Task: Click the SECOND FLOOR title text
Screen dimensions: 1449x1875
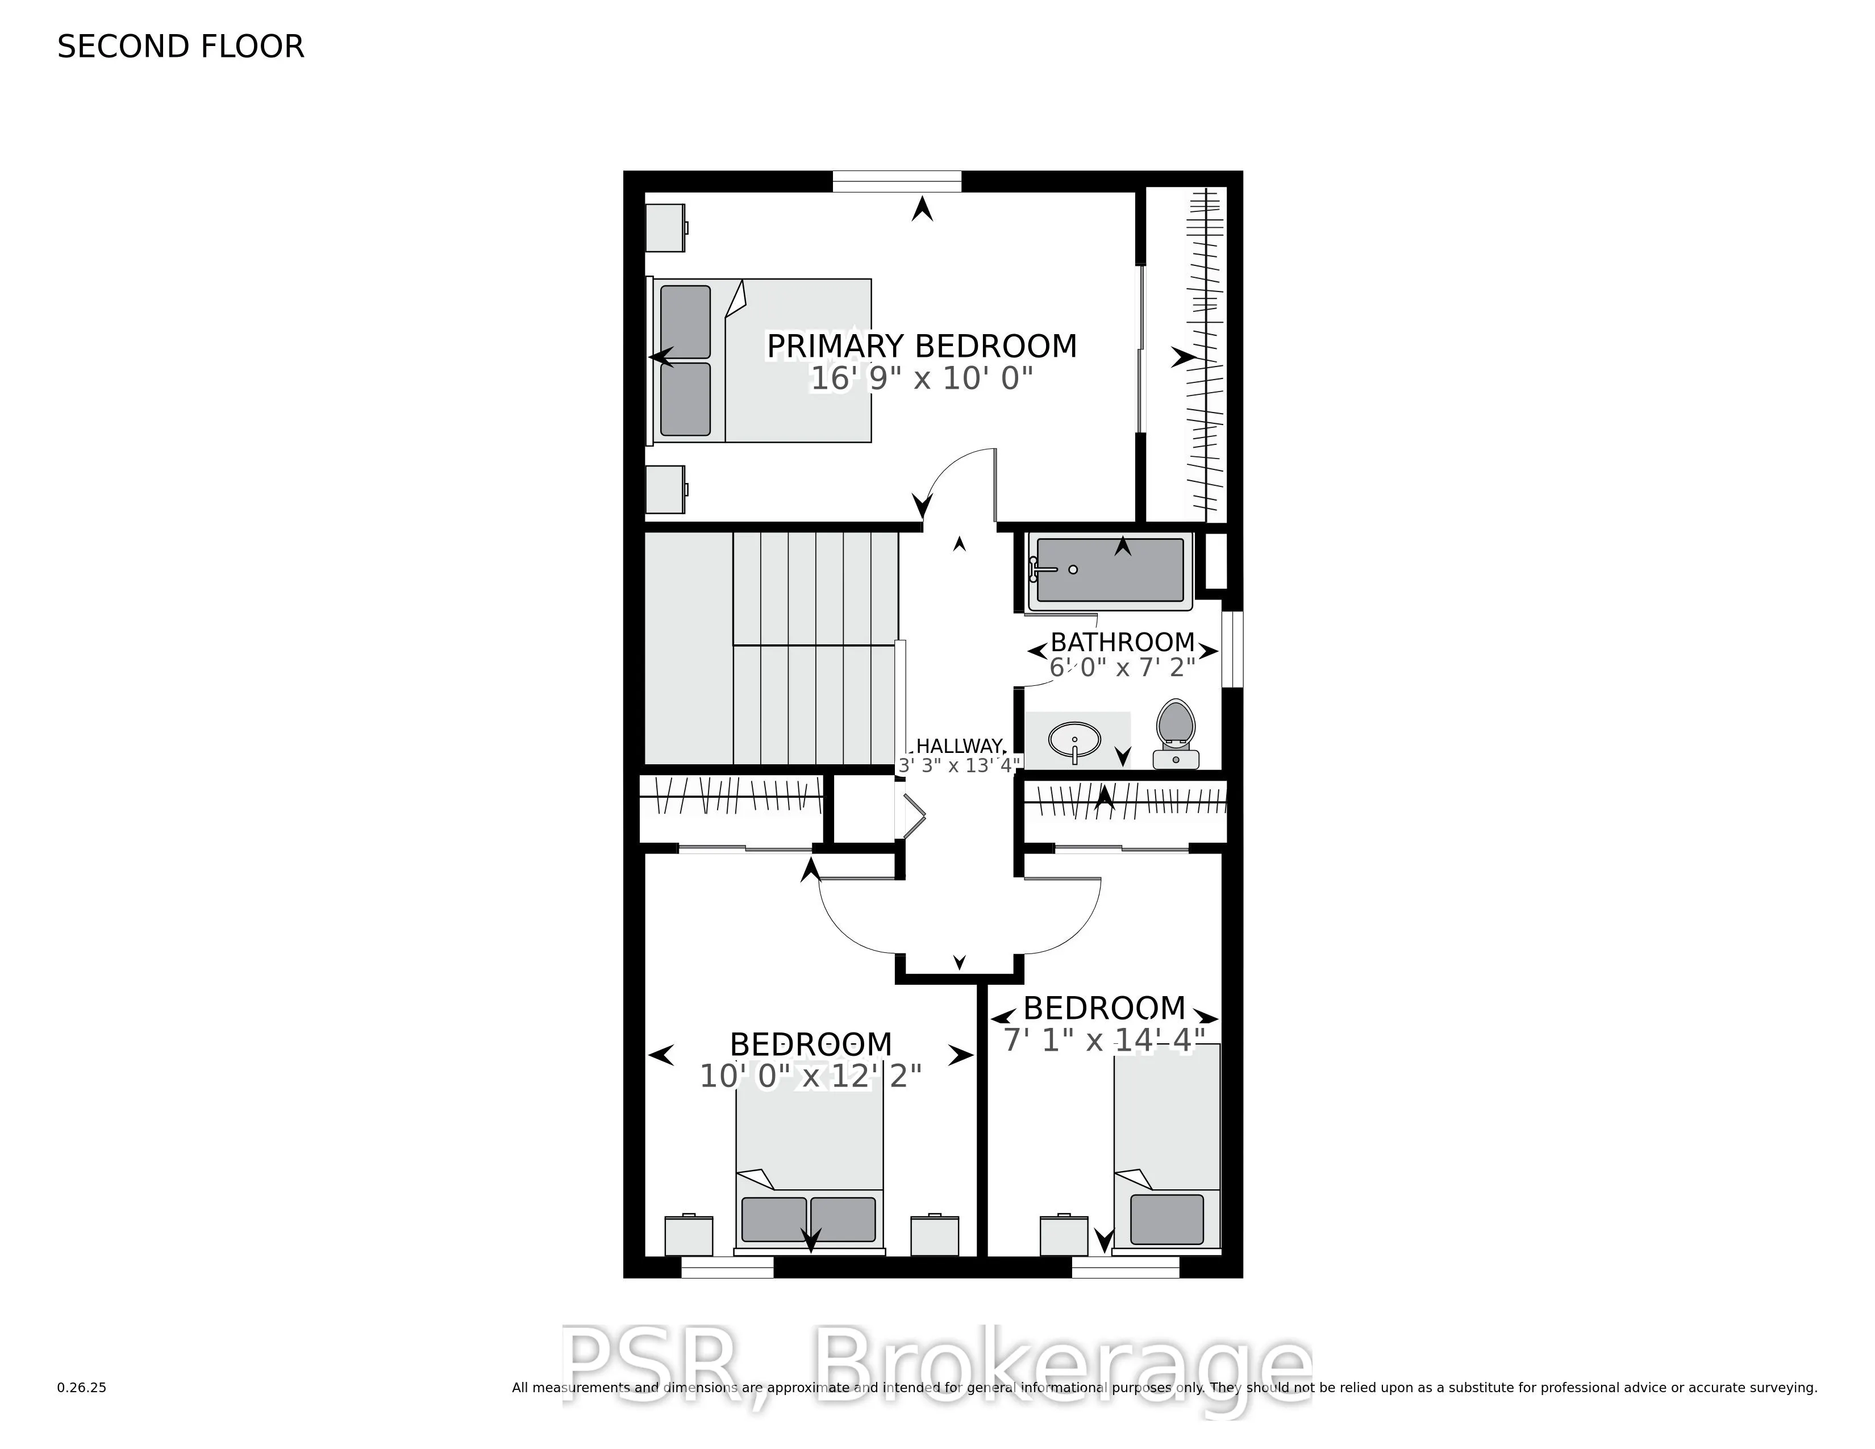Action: [x=180, y=47]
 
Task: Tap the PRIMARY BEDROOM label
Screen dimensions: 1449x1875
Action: [x=921, y=346]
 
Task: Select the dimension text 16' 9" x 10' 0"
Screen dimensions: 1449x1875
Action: [x=921, y=378]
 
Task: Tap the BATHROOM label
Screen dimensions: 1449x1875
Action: [x=1122, y=642]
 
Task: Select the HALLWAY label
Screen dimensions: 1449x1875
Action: [x=959, y=746]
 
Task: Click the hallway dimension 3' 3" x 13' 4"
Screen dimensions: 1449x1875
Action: [x=959, y=765]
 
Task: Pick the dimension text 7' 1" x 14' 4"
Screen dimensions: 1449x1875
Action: [x=1104, y=1040]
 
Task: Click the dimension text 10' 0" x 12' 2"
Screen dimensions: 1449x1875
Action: [x=810, y=1076]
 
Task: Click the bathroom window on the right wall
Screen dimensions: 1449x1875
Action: [x=1232, y=649]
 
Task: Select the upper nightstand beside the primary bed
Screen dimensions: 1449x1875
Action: [x=665, y=227]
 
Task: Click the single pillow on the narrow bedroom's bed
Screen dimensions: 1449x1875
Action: [x=1166, y=1219]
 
